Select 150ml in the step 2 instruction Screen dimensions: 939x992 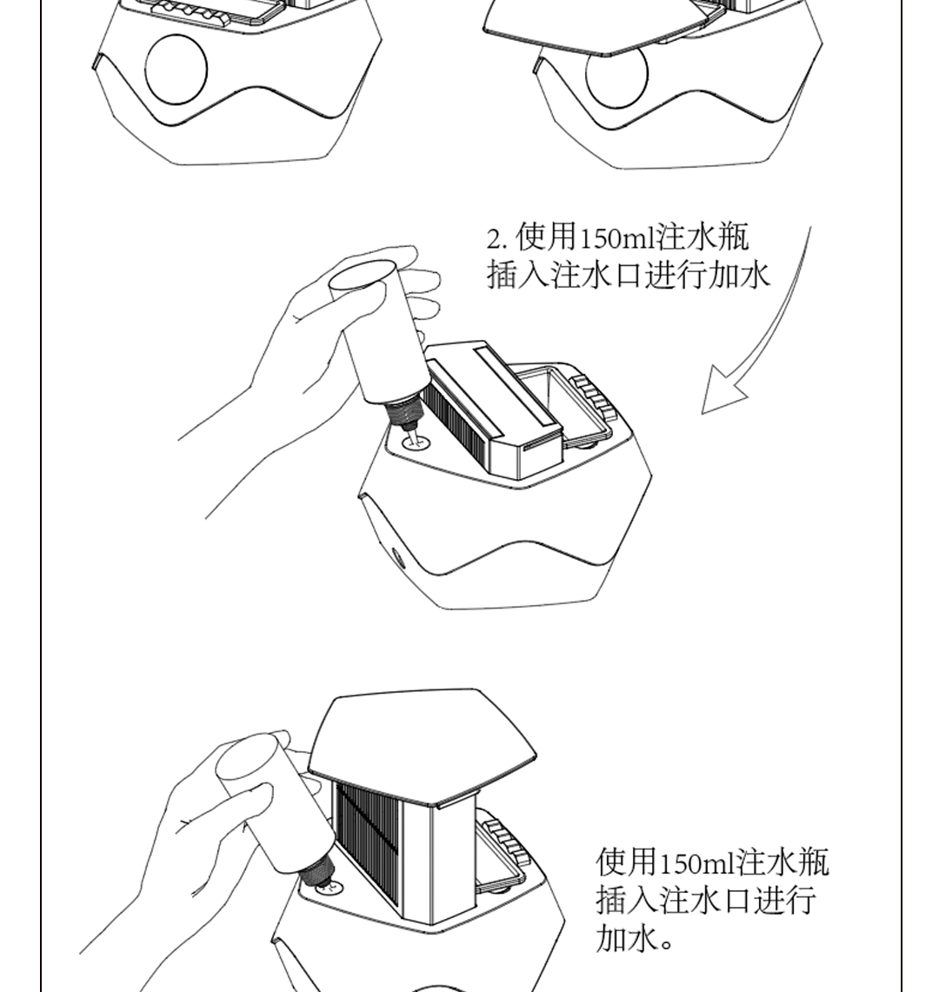(x=617, y=238)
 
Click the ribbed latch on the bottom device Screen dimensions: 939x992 (x=506, y=842)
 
